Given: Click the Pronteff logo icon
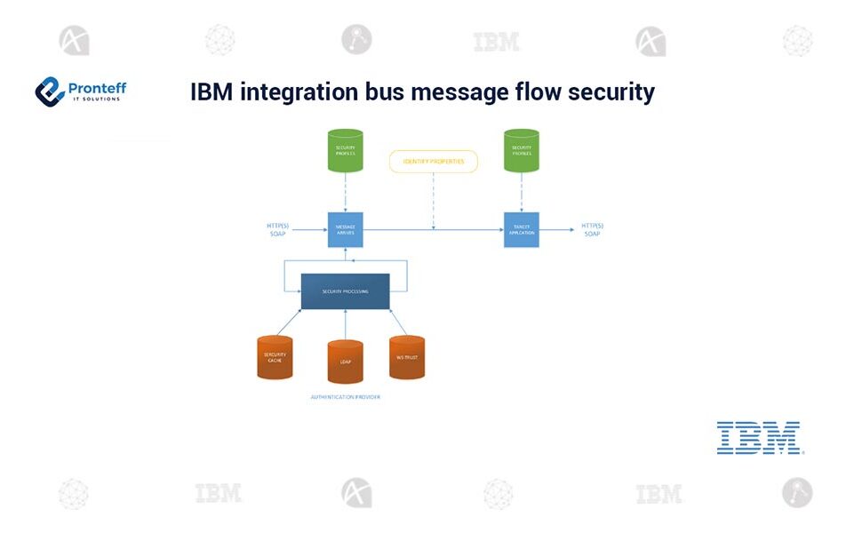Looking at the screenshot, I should pyautogui.click(x=50, y=91).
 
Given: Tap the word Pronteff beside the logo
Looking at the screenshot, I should pyautogui.click(x=99, y=87).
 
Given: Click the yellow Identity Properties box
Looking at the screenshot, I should pyautogui.click(x=434, y=161).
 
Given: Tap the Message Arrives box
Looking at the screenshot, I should pyautogui.click(x=345, y=229).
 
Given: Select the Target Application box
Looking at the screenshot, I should pyautogui.click(x=522, y=229).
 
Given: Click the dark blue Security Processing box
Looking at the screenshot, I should pyautogui.click(x=345, y=291).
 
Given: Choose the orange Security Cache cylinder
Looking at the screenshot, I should pyautogui.click(x=275, y=358).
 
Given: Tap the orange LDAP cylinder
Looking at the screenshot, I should pyautogui.click(x=345, y=362).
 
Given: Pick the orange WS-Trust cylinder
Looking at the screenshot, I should pyautogui.click(x=407, y=357).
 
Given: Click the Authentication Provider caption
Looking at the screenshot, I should pyautogui.click(x=345, y=397).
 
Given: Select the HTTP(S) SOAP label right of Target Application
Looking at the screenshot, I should pyautogui.click(x=592, y=229).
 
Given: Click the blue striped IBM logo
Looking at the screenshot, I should pyautogui.click(x=759, y=437).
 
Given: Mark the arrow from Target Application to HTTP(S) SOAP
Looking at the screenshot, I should pyautogui.click(x=557, y=229).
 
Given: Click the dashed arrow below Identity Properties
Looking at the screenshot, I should pyautogui.click(x=434, y=201).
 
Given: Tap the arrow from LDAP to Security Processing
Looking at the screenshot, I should pyautogui.click(x=345, y=324).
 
